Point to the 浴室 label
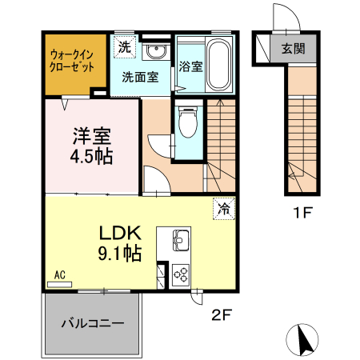point(190,67)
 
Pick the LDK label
point(120,234)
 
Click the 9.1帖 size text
point(120,254)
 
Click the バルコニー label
point(93,325)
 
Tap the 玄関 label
point(292,48)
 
